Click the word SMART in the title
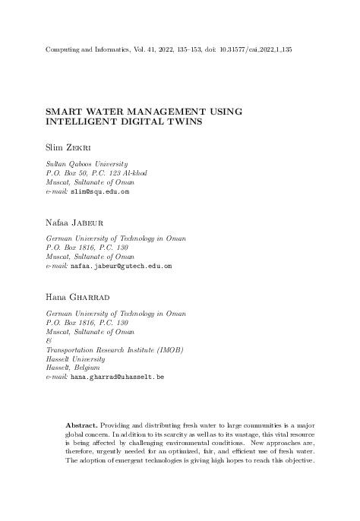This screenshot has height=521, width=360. tap(65, 111)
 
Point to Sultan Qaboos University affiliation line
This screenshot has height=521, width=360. tap(87, 164)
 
